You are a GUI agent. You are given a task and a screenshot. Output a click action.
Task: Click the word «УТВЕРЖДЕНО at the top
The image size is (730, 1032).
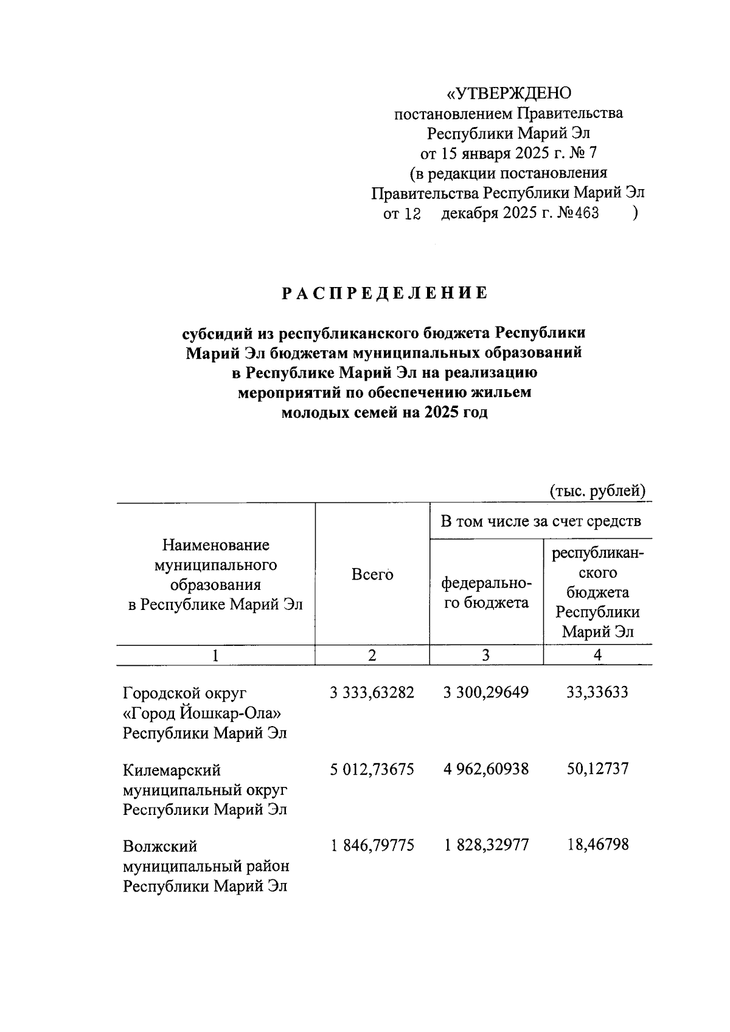509,93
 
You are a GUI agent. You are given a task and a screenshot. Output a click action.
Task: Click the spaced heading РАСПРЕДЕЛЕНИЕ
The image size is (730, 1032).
384,294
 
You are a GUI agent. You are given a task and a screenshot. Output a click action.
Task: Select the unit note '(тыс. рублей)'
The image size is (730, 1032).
597,490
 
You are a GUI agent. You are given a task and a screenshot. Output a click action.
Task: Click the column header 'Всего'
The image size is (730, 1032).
372,575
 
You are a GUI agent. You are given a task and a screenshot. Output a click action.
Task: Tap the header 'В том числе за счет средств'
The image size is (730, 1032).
540,521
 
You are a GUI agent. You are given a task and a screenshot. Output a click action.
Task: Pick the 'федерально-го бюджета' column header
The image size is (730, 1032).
486,593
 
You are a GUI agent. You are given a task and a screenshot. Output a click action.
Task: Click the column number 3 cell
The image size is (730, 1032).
485,655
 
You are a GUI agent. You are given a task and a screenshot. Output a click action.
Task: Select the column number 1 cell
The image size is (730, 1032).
215,655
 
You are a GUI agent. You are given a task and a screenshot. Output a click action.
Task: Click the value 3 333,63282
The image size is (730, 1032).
372,693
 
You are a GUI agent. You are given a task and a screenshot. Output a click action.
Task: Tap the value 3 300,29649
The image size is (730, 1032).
486,693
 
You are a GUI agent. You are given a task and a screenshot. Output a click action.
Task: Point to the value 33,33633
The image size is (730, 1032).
597,693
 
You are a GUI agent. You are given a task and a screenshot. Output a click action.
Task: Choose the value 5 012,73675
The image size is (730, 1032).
372,769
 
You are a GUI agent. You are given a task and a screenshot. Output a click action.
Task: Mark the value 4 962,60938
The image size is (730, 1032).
486,769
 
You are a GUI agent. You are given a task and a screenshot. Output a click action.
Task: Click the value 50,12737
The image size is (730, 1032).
597,769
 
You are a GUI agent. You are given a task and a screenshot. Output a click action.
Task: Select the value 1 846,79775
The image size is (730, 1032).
372,845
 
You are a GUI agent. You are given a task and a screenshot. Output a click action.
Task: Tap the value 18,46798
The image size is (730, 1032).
597,845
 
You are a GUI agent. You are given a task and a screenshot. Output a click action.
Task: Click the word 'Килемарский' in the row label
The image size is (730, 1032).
172,771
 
